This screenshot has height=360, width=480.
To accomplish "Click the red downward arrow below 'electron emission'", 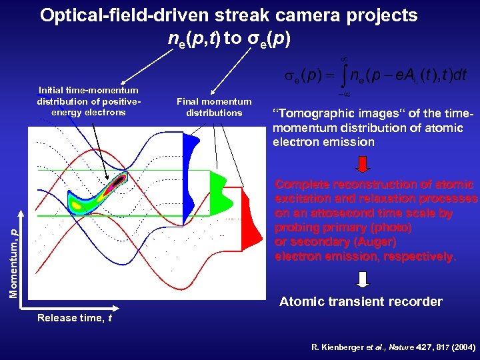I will click(x=361, y=164).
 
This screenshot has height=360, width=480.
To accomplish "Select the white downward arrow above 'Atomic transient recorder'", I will click(x=361, y=279).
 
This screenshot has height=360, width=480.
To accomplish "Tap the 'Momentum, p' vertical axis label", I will click(x=13, y=253).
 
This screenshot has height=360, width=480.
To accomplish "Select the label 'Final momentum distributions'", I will click(x=214, y=107).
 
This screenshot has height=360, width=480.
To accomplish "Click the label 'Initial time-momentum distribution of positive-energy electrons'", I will click(x=89, y=101).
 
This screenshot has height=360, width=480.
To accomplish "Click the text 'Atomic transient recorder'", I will click(x=360, y=301).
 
